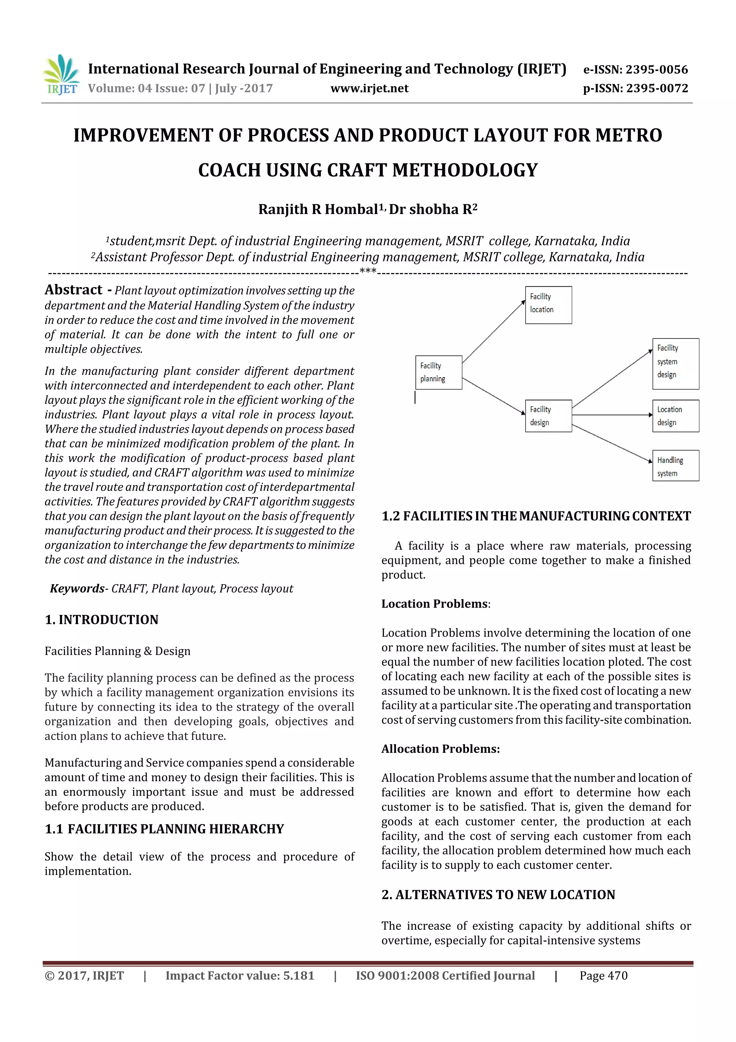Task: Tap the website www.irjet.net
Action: (x=369, y=88)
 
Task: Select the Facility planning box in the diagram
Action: (x=438, y=372)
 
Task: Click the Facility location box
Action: (x=548, y=305)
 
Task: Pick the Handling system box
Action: (x=675, y=466)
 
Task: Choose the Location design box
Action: (x=675, y=416)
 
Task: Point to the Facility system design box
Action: (x=675, y=364)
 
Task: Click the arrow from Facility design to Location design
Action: (x=612, y=415)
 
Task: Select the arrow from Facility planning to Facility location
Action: (x=493, y=332)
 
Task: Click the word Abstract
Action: (x=73, y=290)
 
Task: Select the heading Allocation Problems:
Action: (x=440, y=749)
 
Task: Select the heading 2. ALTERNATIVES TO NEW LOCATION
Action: (x=498, y=895)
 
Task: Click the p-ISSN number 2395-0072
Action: (x=657, y=88)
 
